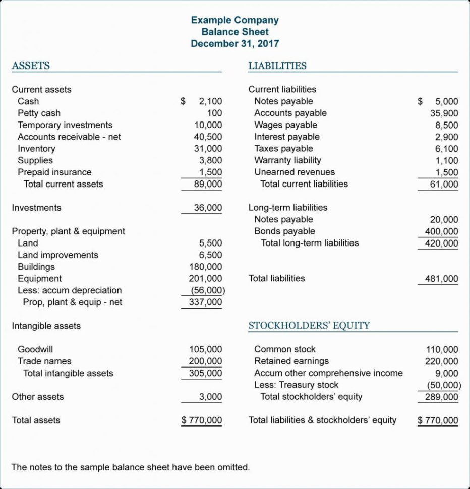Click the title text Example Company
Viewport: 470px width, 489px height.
click(234, 20)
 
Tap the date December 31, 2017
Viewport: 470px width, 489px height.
click(234, 43)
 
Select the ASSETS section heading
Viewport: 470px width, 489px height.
click(31, 66)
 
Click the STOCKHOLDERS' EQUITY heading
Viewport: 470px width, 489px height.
click(309, 326)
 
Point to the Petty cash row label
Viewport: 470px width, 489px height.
click(39, 113)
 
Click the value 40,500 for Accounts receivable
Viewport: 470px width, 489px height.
click(208, 137)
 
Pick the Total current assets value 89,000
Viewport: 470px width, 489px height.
click(208, 184)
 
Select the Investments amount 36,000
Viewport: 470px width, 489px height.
click(208, 208)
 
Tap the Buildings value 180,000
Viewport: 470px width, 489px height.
click(205, 267)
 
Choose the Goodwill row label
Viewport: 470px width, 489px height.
click(35, 349)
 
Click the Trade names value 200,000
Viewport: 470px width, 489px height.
click(205, 361)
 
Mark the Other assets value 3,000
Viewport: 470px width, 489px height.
click(210, 397)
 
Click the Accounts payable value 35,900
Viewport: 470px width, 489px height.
click(444, 113)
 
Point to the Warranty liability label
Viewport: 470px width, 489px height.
click(287, 160)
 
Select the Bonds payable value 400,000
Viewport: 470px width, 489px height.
click(441, 231)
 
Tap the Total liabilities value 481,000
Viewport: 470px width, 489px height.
click(441, 279)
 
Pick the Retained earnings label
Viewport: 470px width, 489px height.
click(291, 361)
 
